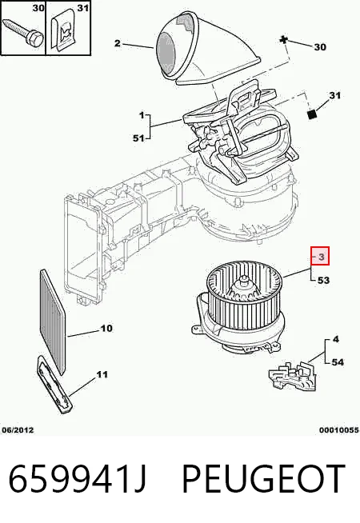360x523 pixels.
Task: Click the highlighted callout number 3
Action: click(321, 257)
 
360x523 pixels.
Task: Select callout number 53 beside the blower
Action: click(323, 281)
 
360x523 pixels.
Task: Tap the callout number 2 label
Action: click(117, 43)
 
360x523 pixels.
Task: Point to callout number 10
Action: click(106, 329)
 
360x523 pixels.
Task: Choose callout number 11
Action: click(102, 374)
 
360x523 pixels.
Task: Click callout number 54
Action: click(338, 362)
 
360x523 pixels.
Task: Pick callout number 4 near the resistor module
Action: click(336, 339)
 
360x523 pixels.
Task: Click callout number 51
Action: click(138, 138)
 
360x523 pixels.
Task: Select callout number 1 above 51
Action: click(142, 115)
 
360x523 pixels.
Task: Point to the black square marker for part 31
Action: click(312, 114)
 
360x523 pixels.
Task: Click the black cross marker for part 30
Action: click(283, 40)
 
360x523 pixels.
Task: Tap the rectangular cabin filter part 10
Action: click(52, 321)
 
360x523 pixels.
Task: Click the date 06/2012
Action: click(18, 430)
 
